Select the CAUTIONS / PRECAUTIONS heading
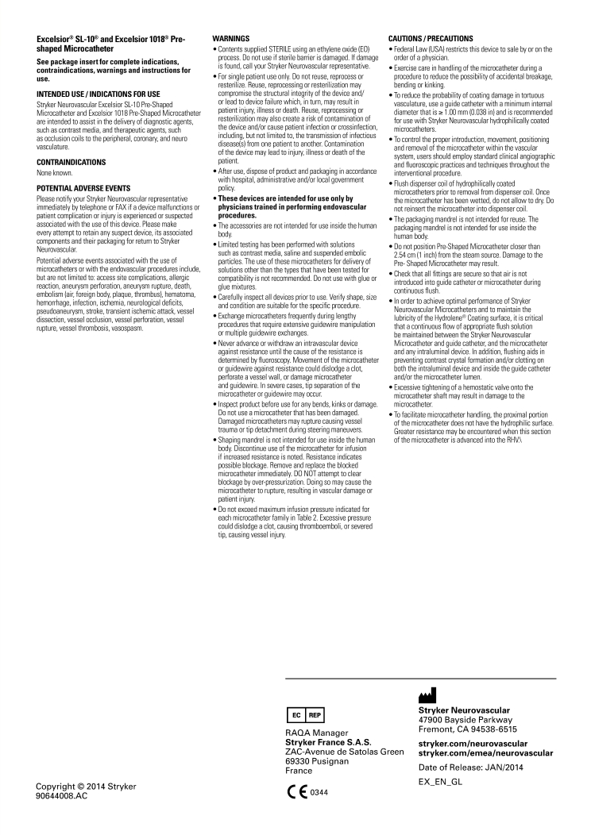point(430,38)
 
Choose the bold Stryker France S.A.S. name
point(327,743)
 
